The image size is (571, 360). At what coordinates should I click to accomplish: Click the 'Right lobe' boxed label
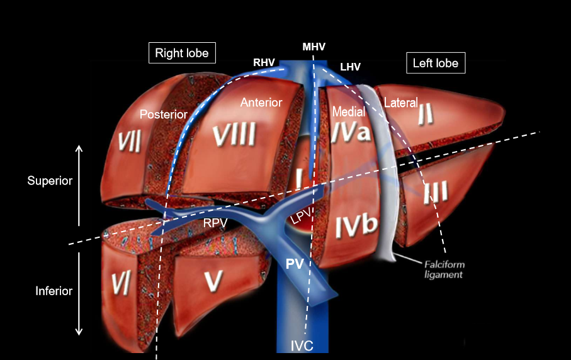coord(182,53)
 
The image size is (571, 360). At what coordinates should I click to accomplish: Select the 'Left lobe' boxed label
coord(435,63)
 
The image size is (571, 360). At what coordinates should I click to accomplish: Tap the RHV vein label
coord(263,62)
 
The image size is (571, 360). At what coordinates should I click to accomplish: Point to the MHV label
coord(314,47)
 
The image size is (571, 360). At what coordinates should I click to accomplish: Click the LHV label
coord(350,66)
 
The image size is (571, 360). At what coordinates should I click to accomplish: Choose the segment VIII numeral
coord(234,135)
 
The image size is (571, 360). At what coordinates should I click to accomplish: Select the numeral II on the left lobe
coord(426,115)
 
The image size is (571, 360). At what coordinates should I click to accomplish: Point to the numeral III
coord(435,193)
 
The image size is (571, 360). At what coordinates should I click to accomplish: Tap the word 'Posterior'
coord(164,115)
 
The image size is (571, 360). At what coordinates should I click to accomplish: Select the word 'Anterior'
coord(261,102)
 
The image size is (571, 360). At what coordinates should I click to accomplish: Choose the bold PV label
coord(295,265)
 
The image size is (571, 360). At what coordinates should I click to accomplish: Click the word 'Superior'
coord(50,181)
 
